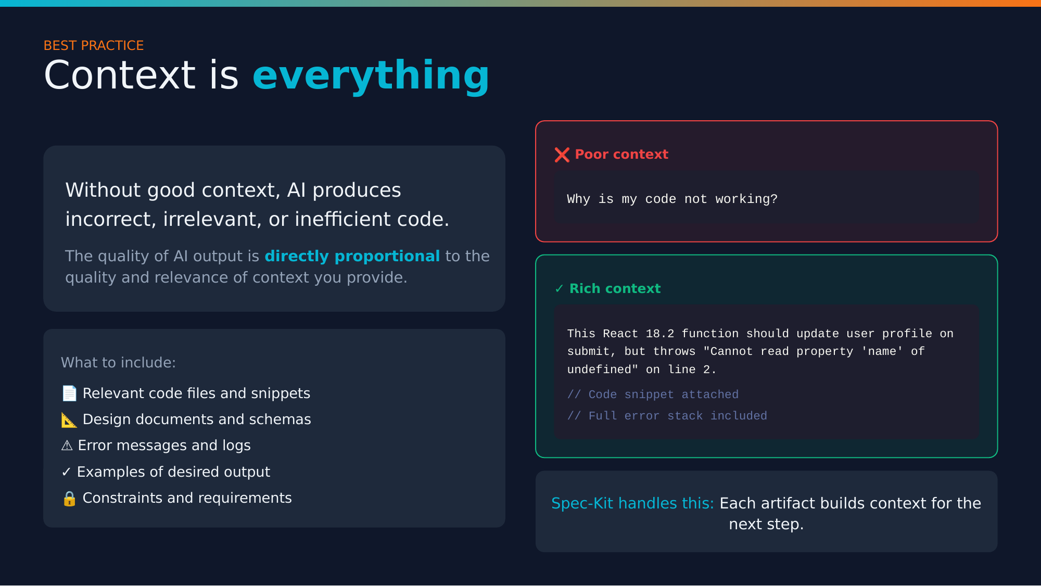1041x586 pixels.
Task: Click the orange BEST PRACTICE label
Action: tap(94, 46)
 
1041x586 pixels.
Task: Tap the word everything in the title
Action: tap(371, 76)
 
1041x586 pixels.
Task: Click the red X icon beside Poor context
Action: tap(562, 155)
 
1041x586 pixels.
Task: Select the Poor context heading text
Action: tap(621, 155)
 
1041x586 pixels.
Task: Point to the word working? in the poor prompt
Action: tap(746, 199)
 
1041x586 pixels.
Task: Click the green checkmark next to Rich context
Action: tap(559, 289)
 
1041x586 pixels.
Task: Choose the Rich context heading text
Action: tap(615, 289)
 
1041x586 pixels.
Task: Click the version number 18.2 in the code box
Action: tap(659, 334)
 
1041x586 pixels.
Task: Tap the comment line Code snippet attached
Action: tap(653, 394)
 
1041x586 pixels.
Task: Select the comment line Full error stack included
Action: tap(667, 416)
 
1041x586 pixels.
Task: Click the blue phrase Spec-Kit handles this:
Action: tap(632, 503)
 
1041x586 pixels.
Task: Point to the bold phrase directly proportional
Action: tap(352, 256)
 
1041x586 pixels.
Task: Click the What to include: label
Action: tap(118, 363)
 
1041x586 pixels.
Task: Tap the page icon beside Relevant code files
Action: tap(69, 393)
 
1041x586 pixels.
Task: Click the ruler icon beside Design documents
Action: tap(69, 420)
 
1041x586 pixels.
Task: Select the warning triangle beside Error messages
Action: tap(67, 446)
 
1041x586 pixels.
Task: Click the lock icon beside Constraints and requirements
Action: tap(69, 499)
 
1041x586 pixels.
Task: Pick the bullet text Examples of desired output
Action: tap(173, 472)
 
